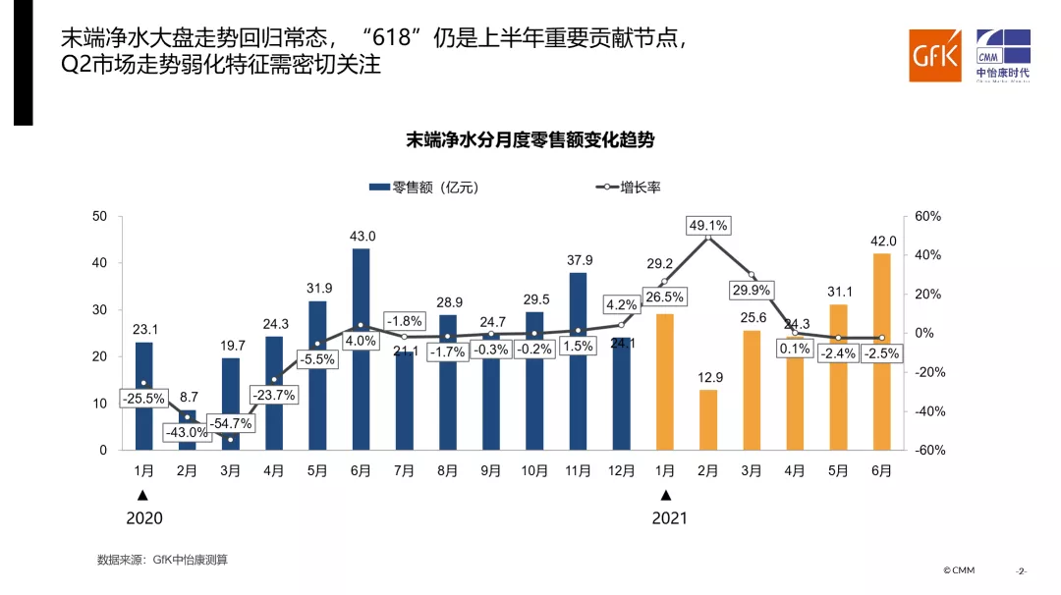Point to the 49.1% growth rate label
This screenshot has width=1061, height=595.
point(707,226)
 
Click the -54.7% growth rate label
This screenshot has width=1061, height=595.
point(230,424)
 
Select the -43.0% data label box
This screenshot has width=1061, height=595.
point(187,432)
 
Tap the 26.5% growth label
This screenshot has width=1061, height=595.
point(664,297)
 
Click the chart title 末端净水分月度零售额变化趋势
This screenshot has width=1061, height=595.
point(530,140)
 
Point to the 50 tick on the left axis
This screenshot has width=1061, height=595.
point(99,216)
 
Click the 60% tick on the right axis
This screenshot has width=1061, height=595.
point(927,216)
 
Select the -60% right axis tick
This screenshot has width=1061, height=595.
point(927,451)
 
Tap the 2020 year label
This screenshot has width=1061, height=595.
point(143,517)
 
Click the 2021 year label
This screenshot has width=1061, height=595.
point(669,517)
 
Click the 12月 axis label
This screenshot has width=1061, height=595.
point(621,471)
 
